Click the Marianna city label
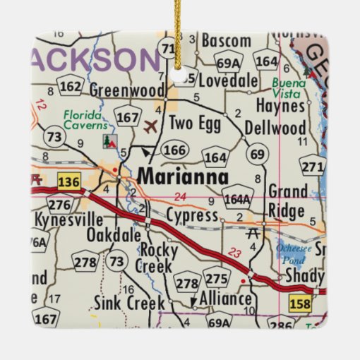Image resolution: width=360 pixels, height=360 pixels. click(x=184, y=176)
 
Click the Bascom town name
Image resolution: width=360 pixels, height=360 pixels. click(x=226, y=41)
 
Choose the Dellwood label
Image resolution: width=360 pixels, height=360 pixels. click(x=275, y=128)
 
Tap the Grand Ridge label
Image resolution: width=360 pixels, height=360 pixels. click(x=287, y=201)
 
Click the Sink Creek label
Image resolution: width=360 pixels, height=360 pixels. click(x=124, y=303)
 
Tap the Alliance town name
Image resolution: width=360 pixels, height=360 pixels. click(x=225, y=299)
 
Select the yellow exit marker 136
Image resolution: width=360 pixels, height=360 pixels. click(x=68, y=182)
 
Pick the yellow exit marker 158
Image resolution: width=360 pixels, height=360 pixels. click(x=318, y=303)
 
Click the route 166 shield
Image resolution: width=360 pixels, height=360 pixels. click(x=174, y=150)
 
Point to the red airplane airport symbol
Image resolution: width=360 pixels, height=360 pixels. click(x=150, y=126)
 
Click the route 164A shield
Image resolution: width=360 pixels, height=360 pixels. click(x=237, y=198)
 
